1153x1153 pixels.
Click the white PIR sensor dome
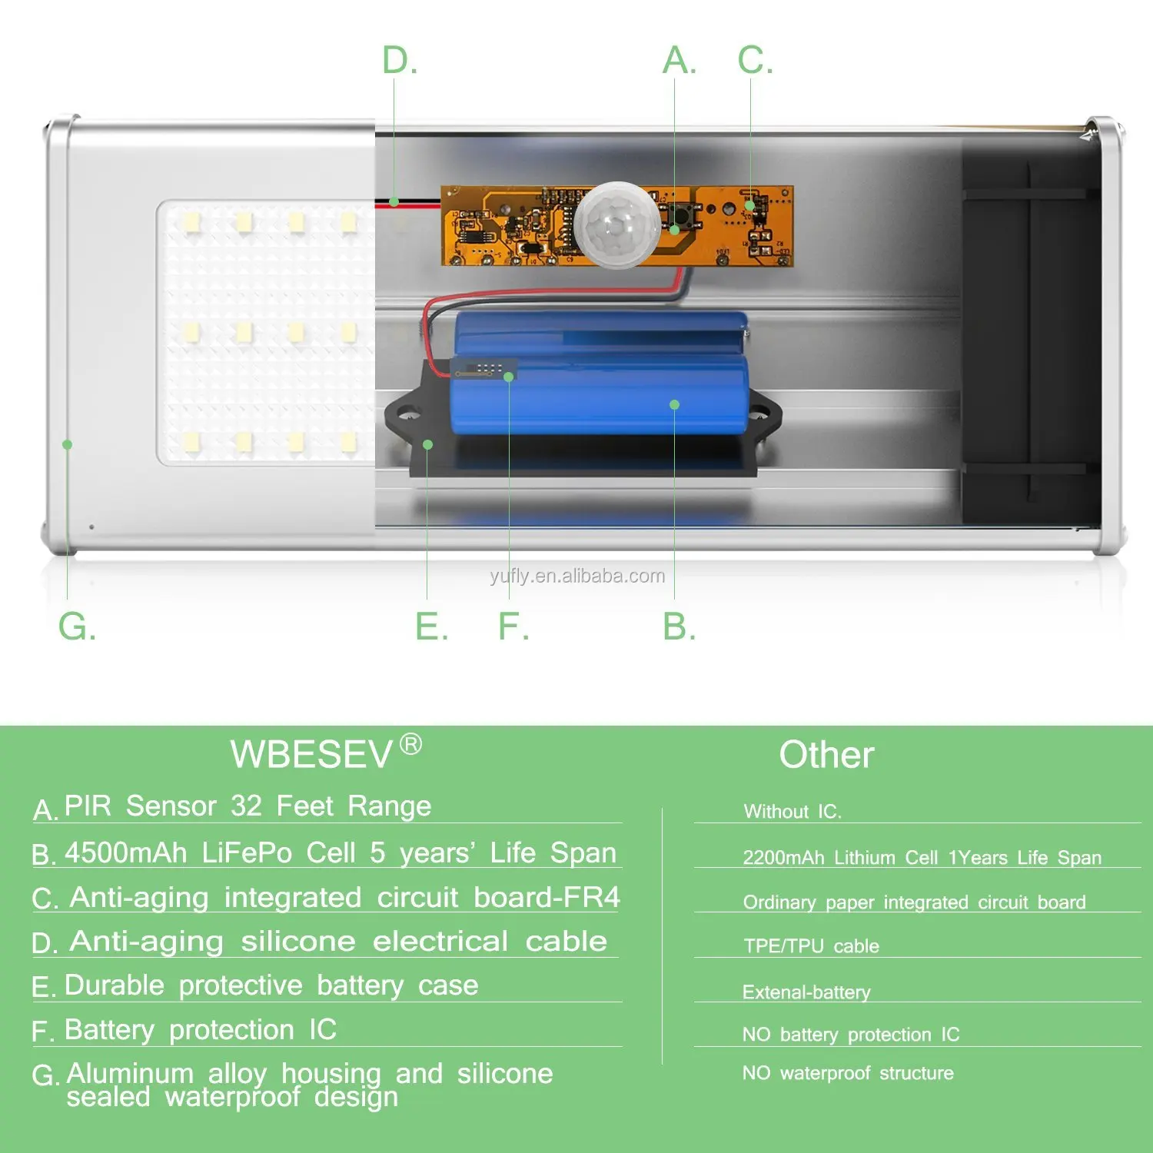tap(616, 224)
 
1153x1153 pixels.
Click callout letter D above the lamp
tap(400, 61)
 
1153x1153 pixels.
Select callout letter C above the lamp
tap(755, 61)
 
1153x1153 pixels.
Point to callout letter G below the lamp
tap(77, 626)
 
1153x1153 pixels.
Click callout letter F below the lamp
tap(513, 626)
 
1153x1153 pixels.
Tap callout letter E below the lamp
tap(431, 626)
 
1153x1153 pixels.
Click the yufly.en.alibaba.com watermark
tap(577, 576)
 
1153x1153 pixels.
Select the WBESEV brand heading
tap(311, 755)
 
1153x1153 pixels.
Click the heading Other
tap(826, 755)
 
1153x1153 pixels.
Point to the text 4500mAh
tap(126, 853)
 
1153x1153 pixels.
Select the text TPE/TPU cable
tap(811, 946)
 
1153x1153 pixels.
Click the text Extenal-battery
tap(806, 992)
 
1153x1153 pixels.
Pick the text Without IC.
tap(792, 812)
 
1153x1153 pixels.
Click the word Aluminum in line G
tap(130, 1073)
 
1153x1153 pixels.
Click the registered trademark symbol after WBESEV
tap(411, 744)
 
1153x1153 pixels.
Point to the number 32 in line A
tap(246, 806)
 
